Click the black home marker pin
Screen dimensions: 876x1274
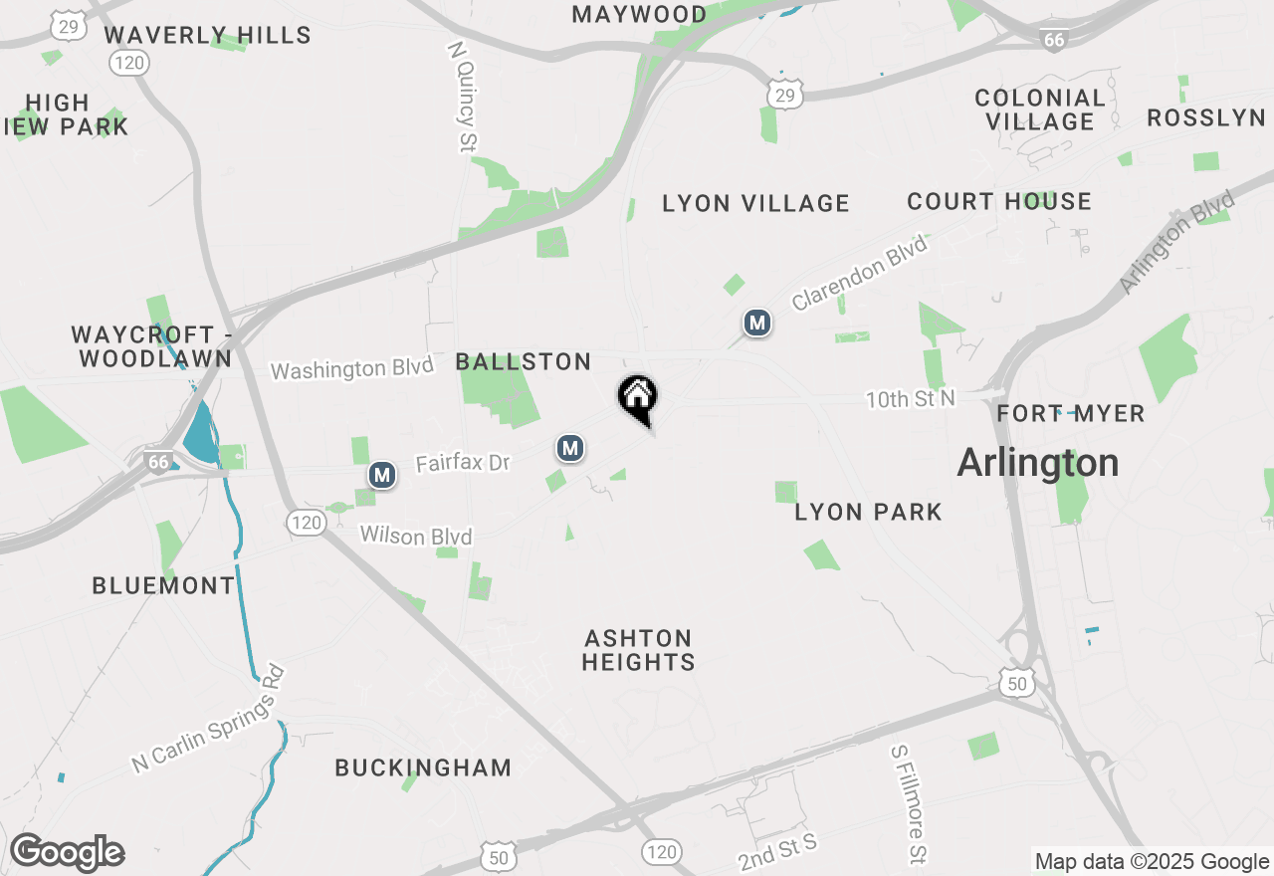(638, 398)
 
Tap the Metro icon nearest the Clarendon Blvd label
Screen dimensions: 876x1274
(757, 323)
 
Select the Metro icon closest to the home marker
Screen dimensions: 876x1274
(569, 449)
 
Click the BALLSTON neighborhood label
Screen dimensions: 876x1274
(524, 361)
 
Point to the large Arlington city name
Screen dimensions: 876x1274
(1038, 463)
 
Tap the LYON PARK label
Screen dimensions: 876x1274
(868, 512)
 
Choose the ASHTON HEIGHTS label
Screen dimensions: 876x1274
(638, 649)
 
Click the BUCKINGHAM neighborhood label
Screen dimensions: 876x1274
(423, 767)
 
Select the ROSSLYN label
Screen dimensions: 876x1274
(1206, 117)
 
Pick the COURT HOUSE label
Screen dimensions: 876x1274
(999, 201)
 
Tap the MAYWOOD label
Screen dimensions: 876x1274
(640, 14)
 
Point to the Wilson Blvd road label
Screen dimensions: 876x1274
(416, 536)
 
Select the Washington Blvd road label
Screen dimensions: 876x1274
(352, 368)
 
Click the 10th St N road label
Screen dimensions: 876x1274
(910, 399)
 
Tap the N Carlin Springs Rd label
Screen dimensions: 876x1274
(209, 719)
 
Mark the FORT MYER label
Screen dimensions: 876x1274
(1071, 413)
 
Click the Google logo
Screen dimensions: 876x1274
(67, 852)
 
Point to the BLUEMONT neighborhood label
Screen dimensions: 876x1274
(163, 585)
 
